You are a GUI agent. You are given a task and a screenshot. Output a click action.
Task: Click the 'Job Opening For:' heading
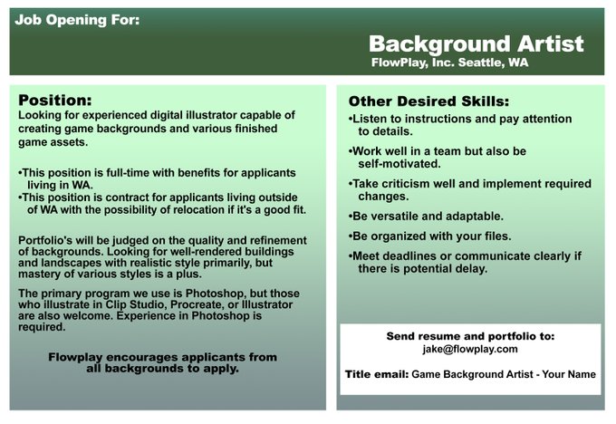click(x=77, y=20)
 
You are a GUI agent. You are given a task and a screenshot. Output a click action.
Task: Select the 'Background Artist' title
click(x=476, y=43)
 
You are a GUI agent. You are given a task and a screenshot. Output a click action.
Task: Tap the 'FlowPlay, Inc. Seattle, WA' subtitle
click(x=450, y=63)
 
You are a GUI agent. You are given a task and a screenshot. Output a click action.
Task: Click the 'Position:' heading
click(x=55, y=101)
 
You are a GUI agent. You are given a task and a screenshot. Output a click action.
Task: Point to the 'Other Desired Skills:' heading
click(x=428, y=101)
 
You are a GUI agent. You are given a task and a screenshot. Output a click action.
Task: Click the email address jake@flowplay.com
click(x=470, y=349)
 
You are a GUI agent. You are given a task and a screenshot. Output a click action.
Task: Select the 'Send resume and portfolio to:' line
click(x=470, y=336)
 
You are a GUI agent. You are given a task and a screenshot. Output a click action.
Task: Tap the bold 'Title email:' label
click(x=377, y=374)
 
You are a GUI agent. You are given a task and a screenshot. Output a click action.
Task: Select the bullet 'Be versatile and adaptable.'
click(x=426, y=217)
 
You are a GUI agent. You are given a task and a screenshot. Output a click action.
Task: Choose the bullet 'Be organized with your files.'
click(x=429, y=236)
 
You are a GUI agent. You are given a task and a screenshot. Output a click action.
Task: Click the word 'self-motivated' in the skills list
click(x=398, y=164)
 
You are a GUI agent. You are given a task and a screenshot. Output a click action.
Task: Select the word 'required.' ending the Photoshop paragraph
click(x=42, y=327)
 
